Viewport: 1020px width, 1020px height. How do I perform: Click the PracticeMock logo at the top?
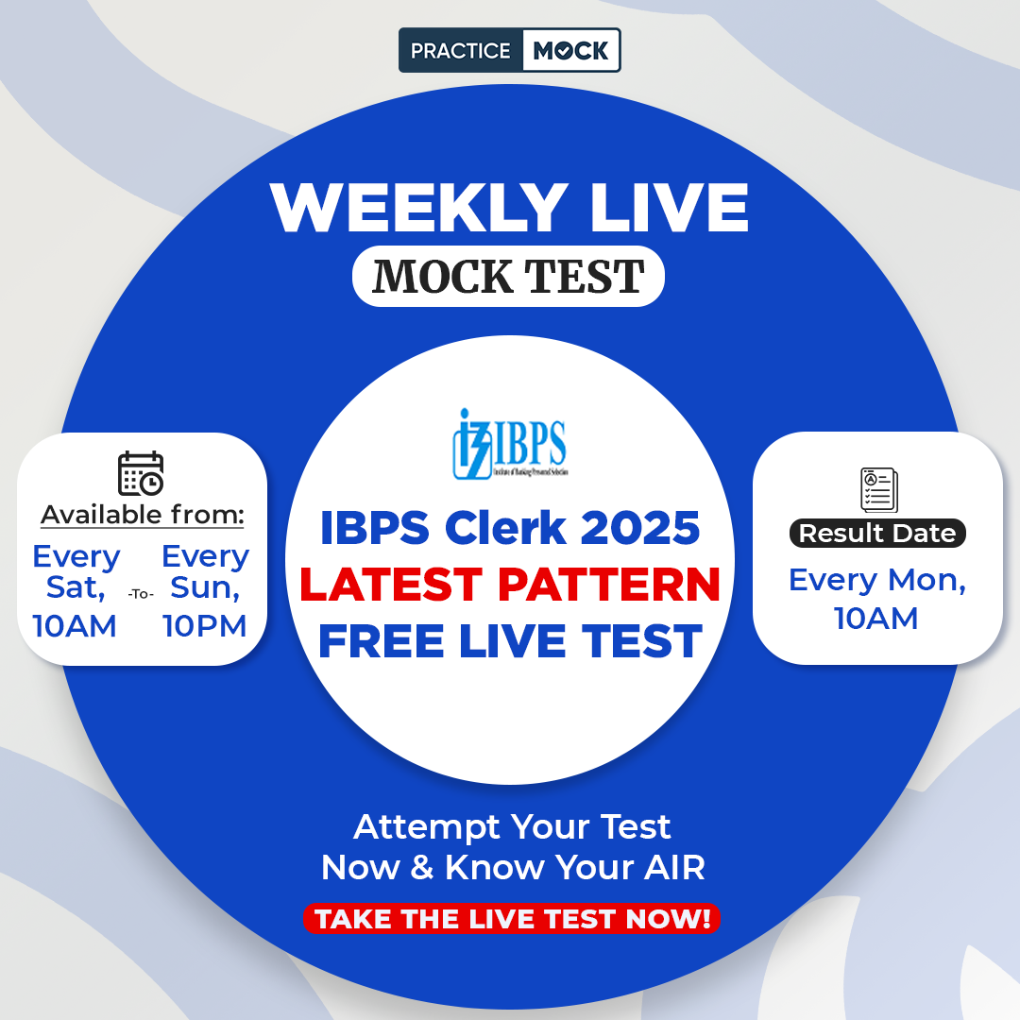coord(509,50)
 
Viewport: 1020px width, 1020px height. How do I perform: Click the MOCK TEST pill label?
coord(508,276)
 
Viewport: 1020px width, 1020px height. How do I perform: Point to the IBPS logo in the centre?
coord(510,442)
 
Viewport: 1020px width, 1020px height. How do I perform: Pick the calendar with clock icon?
coord(141,473)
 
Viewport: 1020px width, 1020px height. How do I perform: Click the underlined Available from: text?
coord(142,516)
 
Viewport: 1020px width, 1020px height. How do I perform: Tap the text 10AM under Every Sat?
coord(75,625)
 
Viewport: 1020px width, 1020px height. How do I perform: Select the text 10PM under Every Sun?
coord(205,625)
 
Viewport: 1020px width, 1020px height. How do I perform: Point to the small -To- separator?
coord(140,594)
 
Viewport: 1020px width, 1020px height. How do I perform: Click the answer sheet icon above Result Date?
coord(878,489)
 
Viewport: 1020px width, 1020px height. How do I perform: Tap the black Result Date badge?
coord(877,534)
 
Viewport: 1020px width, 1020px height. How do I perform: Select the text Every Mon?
coord(877,580)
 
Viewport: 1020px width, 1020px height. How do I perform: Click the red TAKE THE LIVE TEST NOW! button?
coord(511,918)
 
